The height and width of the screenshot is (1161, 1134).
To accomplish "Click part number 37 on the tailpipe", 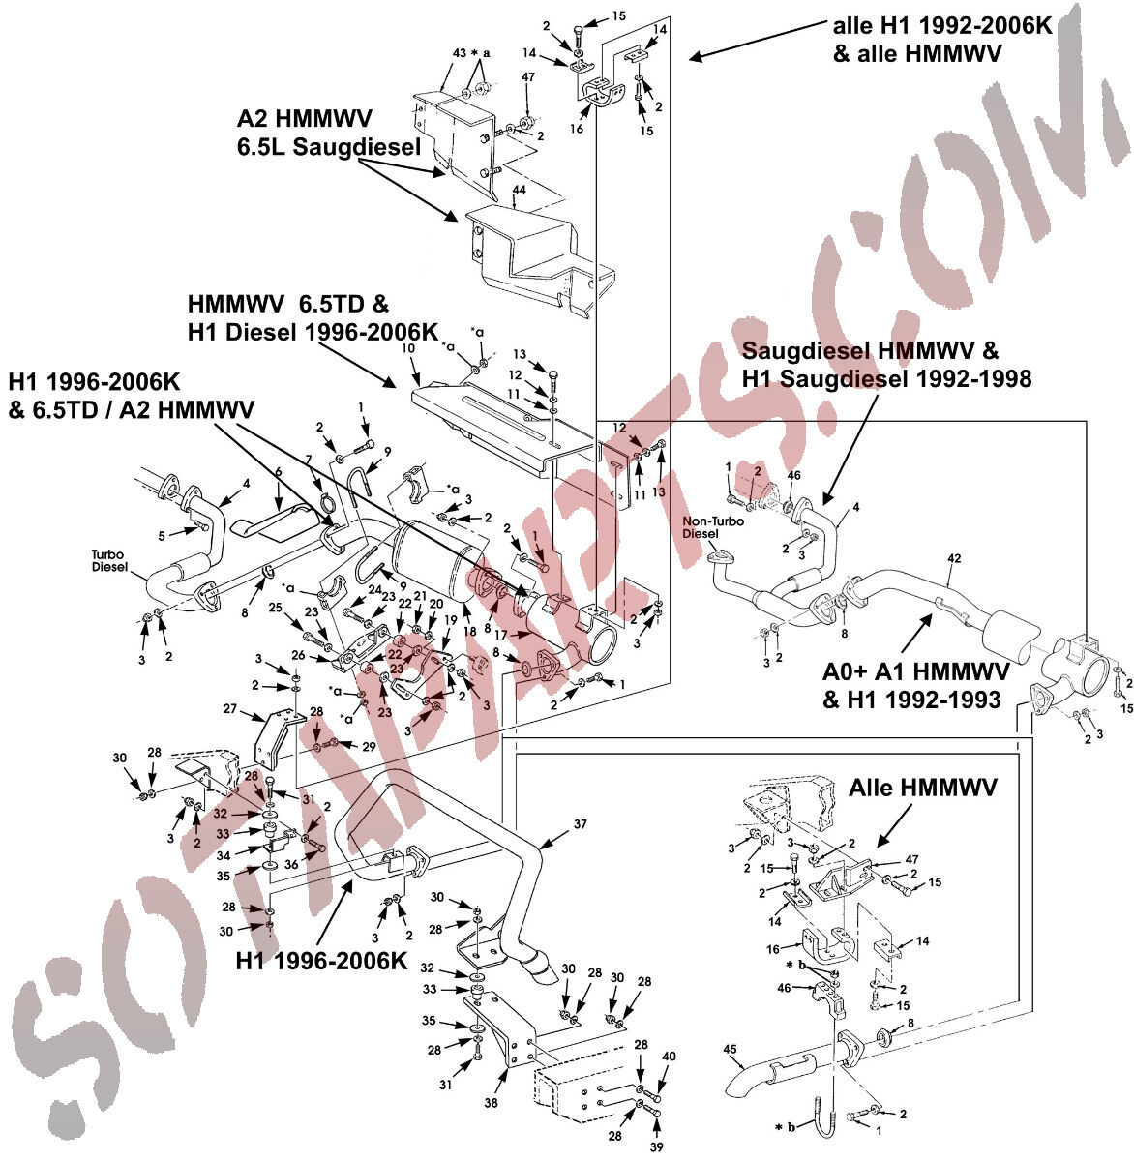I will (x=580, y=823).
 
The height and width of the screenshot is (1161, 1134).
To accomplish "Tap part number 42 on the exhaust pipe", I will (x=954, y=557).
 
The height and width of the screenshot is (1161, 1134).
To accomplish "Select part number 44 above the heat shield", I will (x=520, y=191).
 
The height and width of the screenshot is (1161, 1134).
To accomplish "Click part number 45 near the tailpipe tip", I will (x=730, y=1048).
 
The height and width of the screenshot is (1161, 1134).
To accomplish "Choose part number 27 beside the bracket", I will (x=229, y=709).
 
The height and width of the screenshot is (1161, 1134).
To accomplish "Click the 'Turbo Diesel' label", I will (x=110, y=561).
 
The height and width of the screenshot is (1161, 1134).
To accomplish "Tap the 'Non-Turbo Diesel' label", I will (x=703, y=527).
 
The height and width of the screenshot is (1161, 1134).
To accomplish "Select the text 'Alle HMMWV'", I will (x=923, y=789).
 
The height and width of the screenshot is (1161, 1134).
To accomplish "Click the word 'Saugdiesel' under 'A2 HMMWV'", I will (x=373, y=147).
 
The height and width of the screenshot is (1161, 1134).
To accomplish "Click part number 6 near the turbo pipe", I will (x=278, y=471).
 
